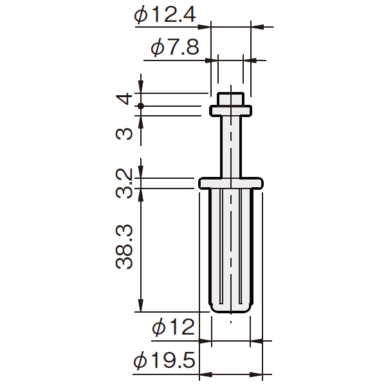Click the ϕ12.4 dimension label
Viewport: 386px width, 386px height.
pyautogui.click(x=165, y=15)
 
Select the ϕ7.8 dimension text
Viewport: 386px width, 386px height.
pyautogui.click(x=175, y=48)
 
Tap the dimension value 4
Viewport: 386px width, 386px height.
pyautogui.click(x=124, y=98)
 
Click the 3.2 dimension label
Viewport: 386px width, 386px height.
pyautogui.click(x=124, y=183)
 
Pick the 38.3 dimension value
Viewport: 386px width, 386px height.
pyautogui.click(x=124, y=246)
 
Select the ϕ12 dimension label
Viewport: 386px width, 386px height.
pyautogui.click(x=174, y=327)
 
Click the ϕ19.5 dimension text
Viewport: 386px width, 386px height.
pyautogui.click(x=165, y=360)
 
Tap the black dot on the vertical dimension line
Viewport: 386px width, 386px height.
pyautogui.click(x=140, y=106)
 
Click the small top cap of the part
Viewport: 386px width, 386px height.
pyautogui.click(x=231, y=99)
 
